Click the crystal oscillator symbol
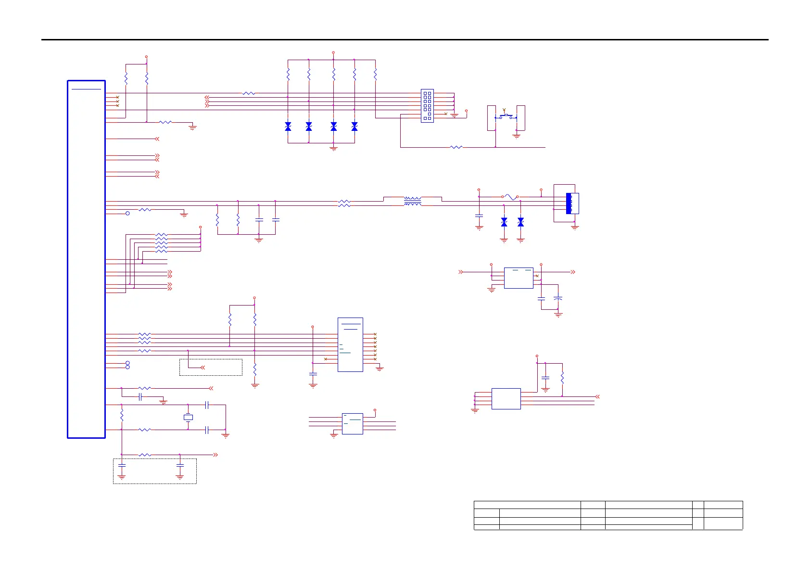(188, 418)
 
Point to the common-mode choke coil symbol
(413, 201)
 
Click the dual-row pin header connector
(427, 106)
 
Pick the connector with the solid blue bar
(569, 203)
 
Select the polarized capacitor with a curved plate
(558, 299)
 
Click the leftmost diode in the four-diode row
(288, 127)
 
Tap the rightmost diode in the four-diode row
(354, 127)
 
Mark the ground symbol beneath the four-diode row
(333, 148)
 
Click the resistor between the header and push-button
(456, 147)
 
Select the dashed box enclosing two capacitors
(154, 471)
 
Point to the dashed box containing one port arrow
(211, 367)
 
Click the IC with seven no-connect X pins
(350, 344)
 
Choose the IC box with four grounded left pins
(506, 398)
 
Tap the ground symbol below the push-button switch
(517, 136)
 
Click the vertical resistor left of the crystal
(122, 415)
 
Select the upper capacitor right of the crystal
(207, 405)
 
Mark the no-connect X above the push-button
(504, 110)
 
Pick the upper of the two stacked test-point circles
(127, 363)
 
